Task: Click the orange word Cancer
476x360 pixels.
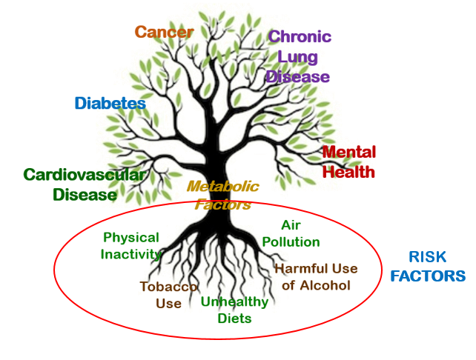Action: (x=164, y=32)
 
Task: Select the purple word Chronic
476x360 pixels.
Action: (x=300, y=37)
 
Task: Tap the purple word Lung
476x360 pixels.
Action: (x=297, y=58)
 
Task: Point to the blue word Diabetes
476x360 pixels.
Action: (x=110, y=103)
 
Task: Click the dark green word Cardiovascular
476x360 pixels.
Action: (x=85, y=175)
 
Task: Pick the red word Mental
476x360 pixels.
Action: (x=349, y=152)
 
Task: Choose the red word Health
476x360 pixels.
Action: (x=348, y=172)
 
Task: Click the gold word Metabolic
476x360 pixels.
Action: (x=223, y=186)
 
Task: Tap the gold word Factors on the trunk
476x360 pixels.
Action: (x=223, y=204)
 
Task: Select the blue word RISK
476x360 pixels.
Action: (x=427, y=257)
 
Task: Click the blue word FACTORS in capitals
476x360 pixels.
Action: (x=428, y=276)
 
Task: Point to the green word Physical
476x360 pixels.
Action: (x=131, y=238)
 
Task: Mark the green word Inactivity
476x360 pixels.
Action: (x=131, y=254)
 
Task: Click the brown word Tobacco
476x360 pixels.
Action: (x=168, y=287)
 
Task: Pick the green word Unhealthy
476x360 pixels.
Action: (x=234, y=301)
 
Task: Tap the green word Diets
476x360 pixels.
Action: (x=234, y=319)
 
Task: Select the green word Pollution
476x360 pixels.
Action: (x=291, y=242)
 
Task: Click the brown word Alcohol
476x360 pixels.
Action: (x=325, y=285)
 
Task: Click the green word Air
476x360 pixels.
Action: (x=291, y=225)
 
